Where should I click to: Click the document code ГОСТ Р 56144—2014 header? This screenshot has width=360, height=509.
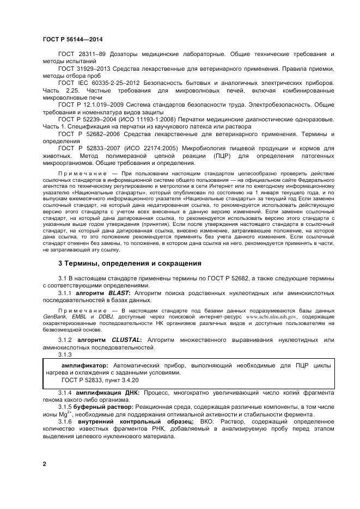pyautogui.click(x=72, y=40)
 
